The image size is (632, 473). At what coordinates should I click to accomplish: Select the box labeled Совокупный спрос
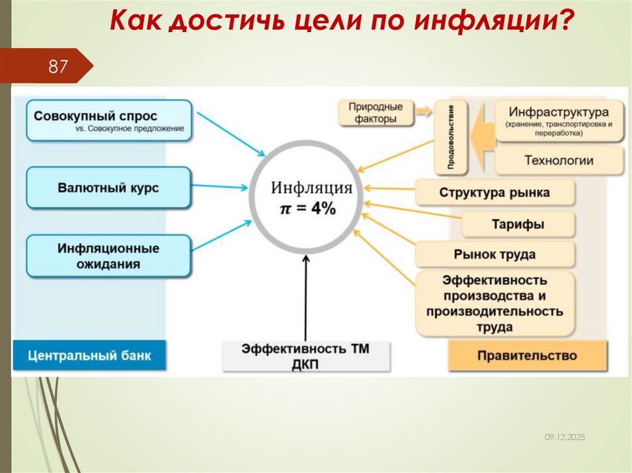pyautogui.click(x=109, y=120)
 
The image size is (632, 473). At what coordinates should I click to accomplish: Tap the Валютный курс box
pyautogui.click(x=109, y=187)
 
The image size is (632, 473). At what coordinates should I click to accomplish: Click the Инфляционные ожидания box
pyautogui.click(x=109, y=256)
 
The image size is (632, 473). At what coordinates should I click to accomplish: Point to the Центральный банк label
pyautogui.click(x=89, y=356)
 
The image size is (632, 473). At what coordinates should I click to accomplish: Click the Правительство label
pyautogui.click(x=526, y=356)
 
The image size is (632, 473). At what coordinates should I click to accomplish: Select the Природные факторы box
pyautogui.click(x=376, y=113)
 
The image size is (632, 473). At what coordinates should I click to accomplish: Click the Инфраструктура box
pyautogui.click(x=559, y=121)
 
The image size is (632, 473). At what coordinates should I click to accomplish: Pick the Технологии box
pyautogui.click(x=559, y=161)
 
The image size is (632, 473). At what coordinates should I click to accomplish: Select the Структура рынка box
pyautogui.click(x=494, y=192)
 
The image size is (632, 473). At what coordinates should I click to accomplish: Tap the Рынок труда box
pyautogui.click(x=494, y=254)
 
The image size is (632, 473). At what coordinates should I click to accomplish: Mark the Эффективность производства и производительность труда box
pyautogui.click(x=494, y=303)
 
